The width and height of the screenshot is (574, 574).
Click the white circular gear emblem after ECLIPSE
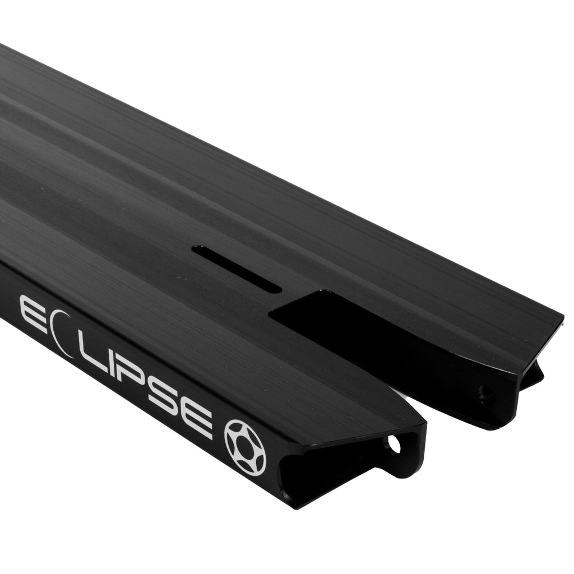pyautogui.click(x=245, y=447)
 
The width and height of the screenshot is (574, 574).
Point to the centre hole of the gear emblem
pyautogui.click(x=245, y=447)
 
